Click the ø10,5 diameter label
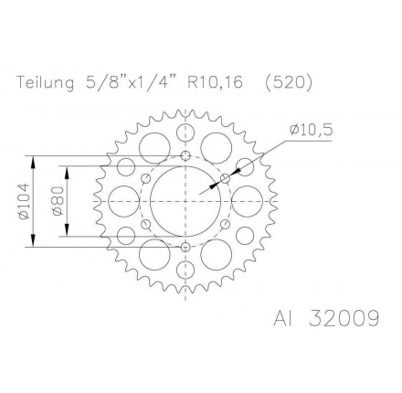pos(311,131)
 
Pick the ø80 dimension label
pos(57,201)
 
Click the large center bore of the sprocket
pos(185,201)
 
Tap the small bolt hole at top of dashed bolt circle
pos(186,155)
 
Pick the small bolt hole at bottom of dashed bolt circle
pos(186,246)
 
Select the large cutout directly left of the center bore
pos(124,201)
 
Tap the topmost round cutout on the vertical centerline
pos(186,133)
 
